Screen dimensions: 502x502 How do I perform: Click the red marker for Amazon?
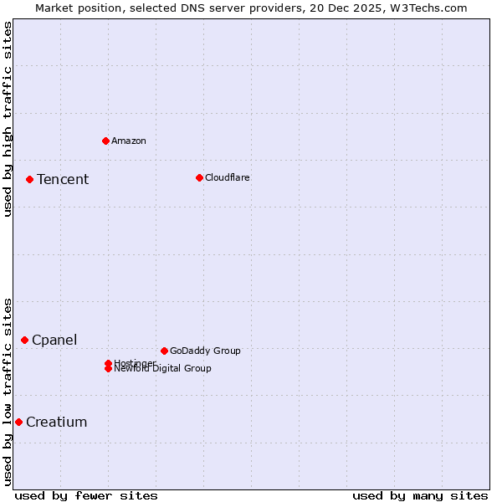tap(105, 141)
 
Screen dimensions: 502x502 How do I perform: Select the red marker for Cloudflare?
tap(199, 177)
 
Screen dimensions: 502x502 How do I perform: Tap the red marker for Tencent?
tap(29, 179)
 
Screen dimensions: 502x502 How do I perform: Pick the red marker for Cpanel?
tap(24, 340)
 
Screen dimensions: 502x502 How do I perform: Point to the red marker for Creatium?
tap(18, 422)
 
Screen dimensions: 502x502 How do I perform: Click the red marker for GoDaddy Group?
tap(164, 351)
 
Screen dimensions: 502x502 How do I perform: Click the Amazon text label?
tap(129, 141)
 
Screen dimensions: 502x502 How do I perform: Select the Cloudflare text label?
tap(228, 177)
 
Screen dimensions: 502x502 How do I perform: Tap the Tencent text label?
tap(63, 179)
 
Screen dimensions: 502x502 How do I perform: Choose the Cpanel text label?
tap(54, 340)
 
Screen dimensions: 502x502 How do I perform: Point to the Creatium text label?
tap(57, 422)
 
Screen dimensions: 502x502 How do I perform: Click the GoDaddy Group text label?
tap(205, 351)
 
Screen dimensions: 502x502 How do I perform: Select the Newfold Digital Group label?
tap(163, 369)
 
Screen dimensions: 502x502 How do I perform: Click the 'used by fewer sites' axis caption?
tap(86, 495)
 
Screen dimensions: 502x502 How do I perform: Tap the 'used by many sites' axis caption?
tap(420, 495)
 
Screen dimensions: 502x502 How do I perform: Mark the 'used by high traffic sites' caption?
tap(8, 119)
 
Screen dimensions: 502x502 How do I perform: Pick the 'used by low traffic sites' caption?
tap(8, 391)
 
